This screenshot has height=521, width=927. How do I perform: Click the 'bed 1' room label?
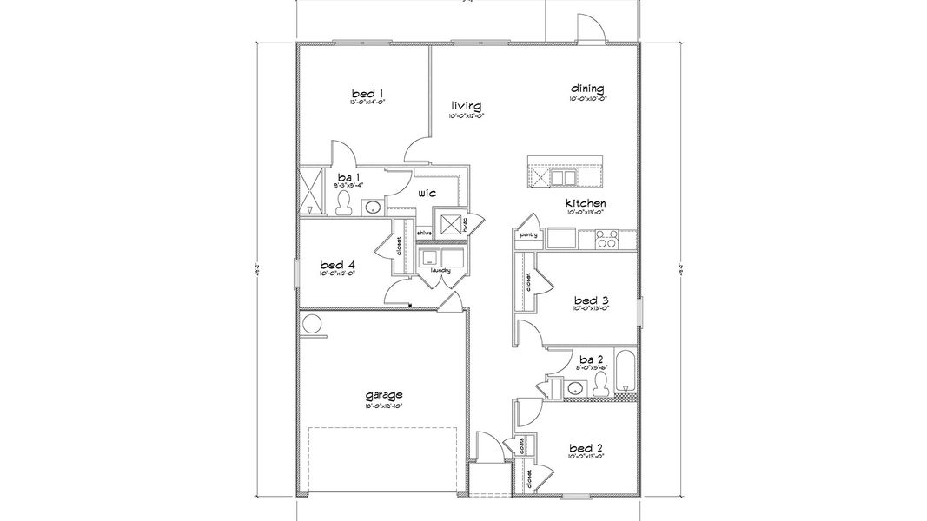click(x=367, y=93)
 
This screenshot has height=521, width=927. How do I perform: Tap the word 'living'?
click(x=466, y=106)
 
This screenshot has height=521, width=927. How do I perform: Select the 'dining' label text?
click(x=587, y=89)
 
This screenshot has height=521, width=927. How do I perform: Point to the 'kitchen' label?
click(x=586, y=202)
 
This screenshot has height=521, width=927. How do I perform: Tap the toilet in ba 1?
click(x=344, y=203)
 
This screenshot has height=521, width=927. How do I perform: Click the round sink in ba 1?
click(x=372, y=208)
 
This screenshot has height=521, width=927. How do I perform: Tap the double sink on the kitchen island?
click(x=563, y=178)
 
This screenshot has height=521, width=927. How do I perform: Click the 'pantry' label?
click(x=528, y=234)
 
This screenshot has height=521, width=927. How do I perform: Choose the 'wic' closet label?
click(x=427, y=193)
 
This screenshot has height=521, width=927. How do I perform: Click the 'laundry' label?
click(x=440, y=270)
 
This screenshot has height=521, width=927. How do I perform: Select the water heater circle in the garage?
click(x=312, y=325)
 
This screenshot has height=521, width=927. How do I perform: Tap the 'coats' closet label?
click(x=521, y=446)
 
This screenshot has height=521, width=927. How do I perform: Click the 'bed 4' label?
click(x=337, y=264)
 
